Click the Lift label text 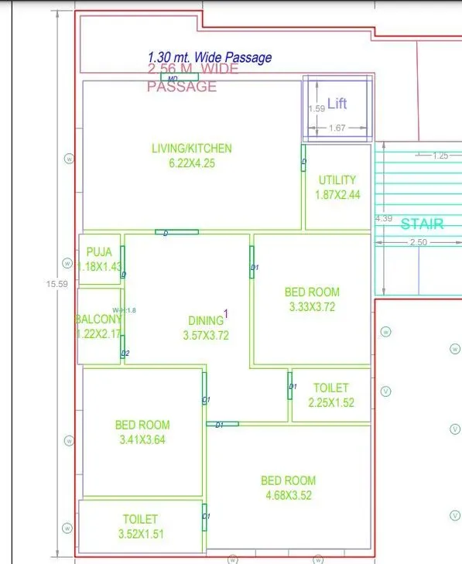337,104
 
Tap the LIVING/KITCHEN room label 191,149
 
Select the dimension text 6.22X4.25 191,163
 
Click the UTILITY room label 337,180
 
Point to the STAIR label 422,224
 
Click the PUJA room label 99,251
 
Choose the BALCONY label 98,320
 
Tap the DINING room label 205,320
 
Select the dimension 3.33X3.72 312,307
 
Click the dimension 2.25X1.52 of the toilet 330,402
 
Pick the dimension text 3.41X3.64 142,439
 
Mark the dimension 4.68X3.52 288,495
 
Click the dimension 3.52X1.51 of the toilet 140,533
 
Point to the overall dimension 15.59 57,284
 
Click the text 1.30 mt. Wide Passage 210,57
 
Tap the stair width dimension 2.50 418,243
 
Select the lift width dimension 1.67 337,128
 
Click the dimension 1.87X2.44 337,195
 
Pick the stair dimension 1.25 440,156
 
